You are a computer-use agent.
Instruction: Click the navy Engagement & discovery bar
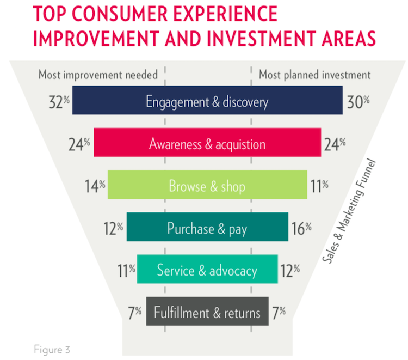pos(207,101)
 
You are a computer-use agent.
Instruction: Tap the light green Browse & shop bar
pos(207,186)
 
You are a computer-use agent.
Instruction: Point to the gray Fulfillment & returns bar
pos(207,313)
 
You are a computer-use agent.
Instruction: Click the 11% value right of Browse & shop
pos(320,186)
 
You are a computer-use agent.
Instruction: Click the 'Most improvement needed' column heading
pos(97,74)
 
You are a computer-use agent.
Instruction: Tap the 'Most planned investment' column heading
pos(314,74)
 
